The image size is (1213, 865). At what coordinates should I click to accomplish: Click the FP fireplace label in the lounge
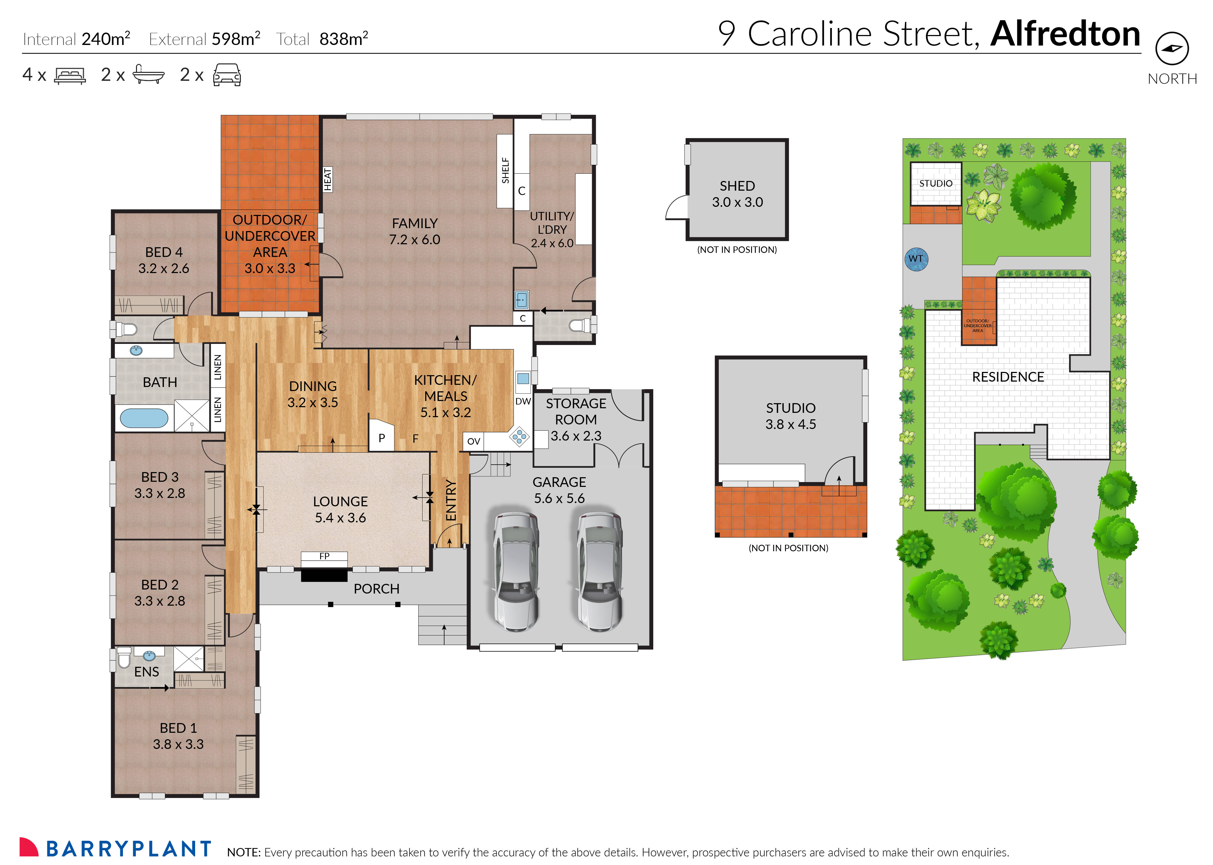coord(324,556)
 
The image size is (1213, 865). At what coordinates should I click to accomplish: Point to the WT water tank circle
coord(916,259)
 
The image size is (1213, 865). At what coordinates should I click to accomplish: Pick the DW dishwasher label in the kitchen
coord(523,401)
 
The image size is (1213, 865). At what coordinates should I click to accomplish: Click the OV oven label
coord(473,441)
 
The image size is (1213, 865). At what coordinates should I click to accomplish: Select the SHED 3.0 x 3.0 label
coord(737,194)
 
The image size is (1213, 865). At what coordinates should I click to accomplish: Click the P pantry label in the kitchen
coord(382,438)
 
